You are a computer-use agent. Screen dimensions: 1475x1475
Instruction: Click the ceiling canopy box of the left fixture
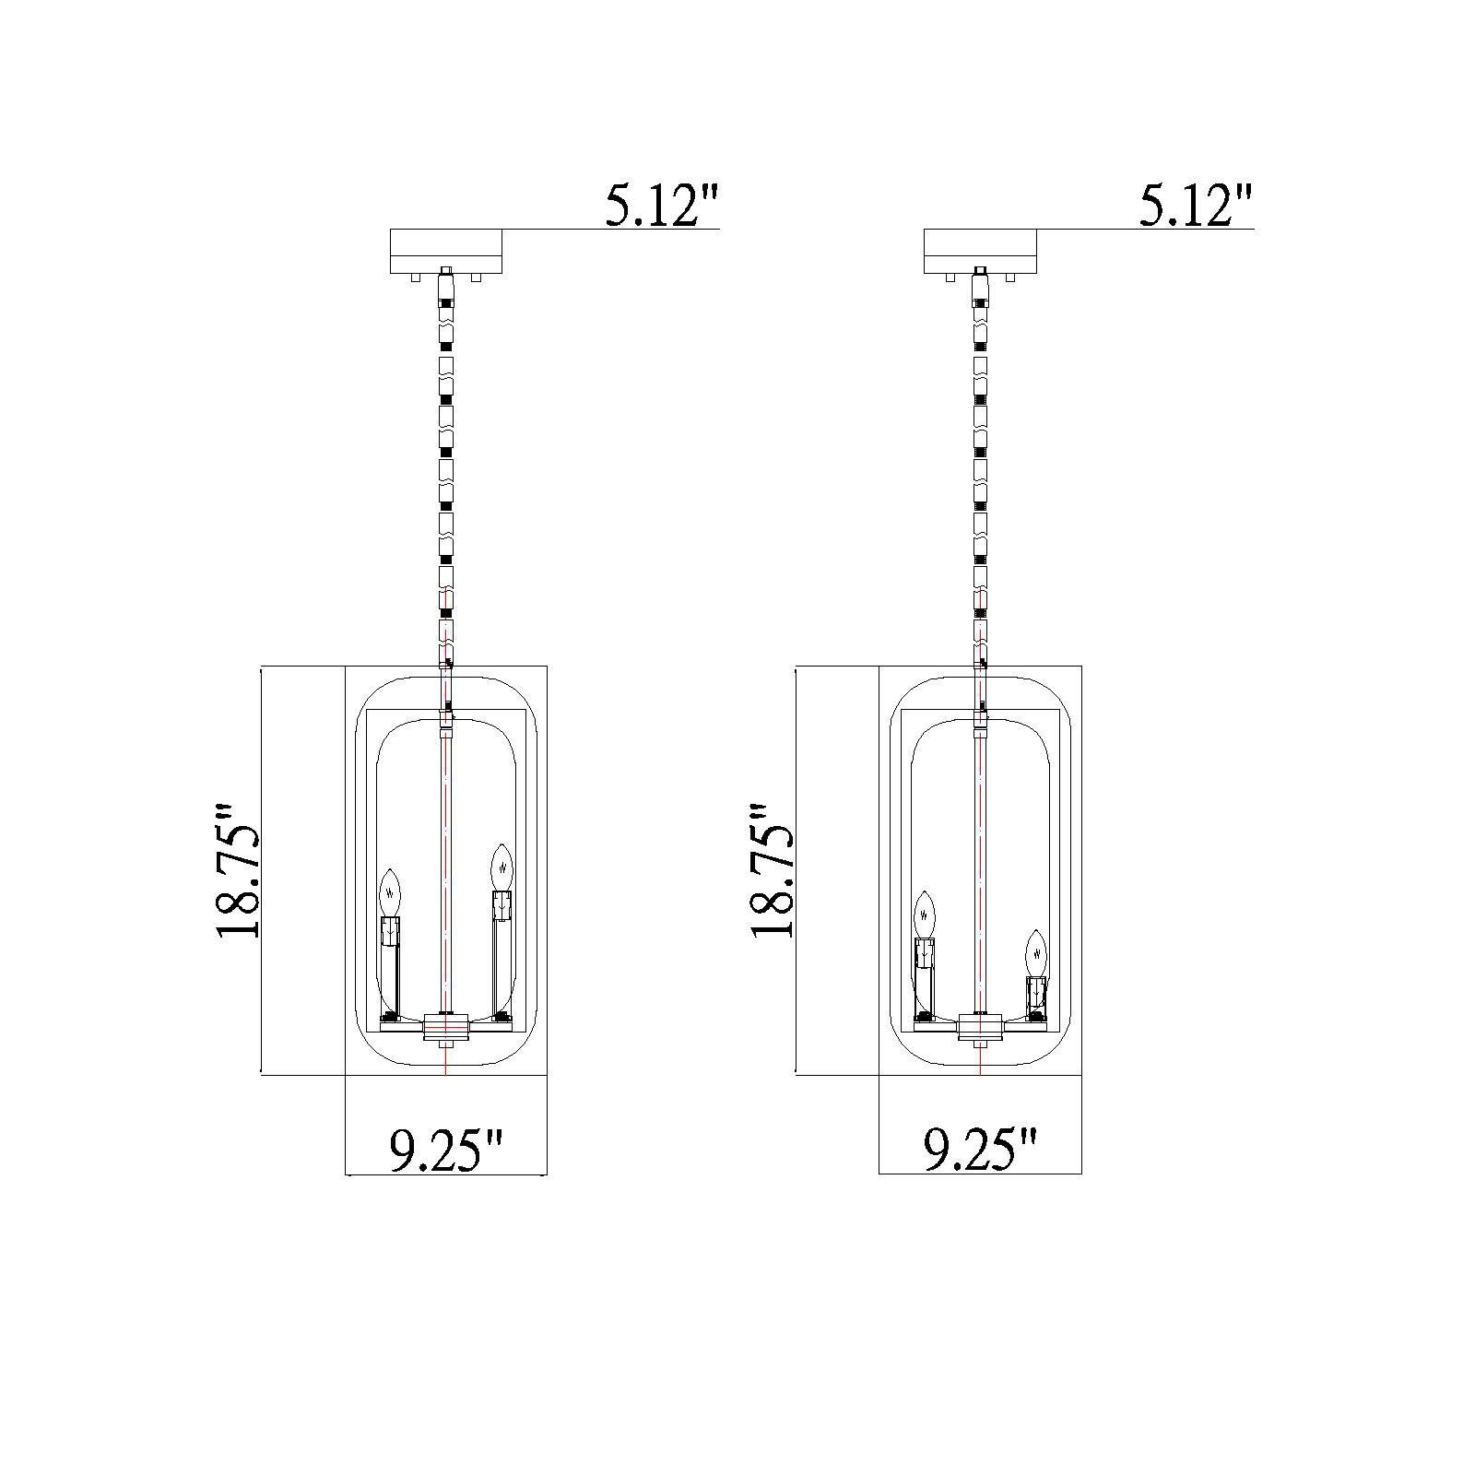(x=446, y=250)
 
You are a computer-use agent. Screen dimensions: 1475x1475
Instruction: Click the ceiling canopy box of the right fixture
(x=981, y=250)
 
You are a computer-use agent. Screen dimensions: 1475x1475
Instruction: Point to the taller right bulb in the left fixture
(x=501, y=865)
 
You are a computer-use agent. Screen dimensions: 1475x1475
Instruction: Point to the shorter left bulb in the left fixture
(x=392, y=890)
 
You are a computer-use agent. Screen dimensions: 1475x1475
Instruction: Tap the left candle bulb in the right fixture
(x=925, y=914)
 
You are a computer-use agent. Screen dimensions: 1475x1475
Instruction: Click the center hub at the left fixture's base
(x=446, y=1026)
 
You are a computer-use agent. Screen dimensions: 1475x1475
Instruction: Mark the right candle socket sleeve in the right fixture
(x=1037, y=992)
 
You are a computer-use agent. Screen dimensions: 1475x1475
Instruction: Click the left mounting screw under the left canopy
(x=418, y=276)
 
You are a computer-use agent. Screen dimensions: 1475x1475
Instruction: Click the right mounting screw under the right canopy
(x=1010, y=276)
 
